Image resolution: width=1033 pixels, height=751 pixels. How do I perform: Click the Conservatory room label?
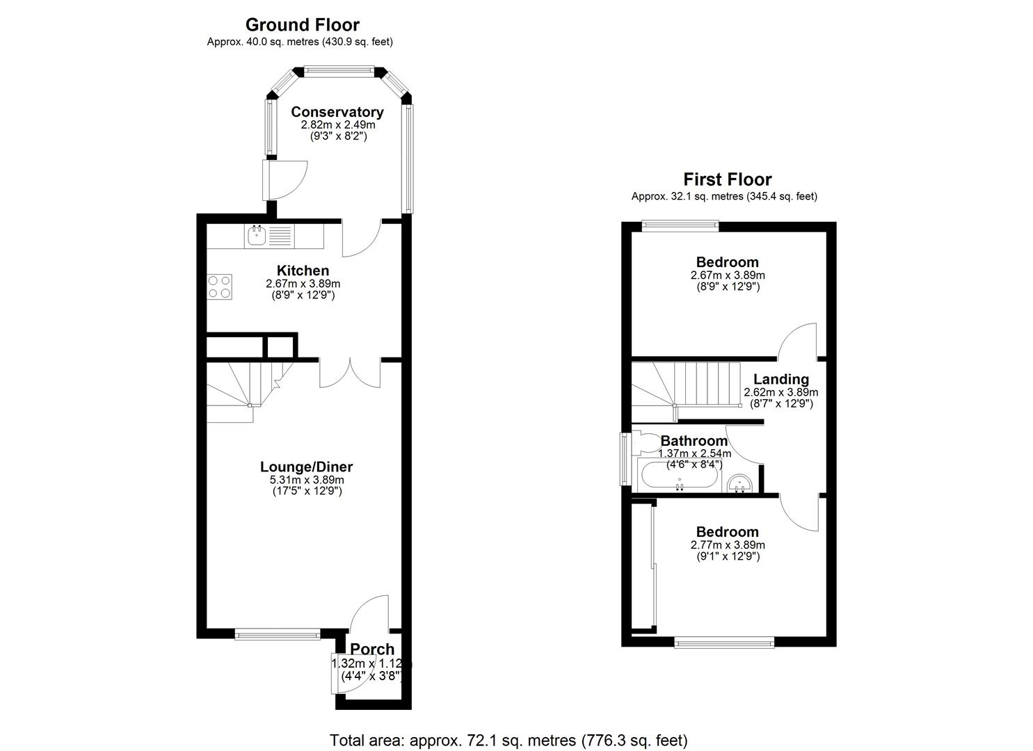pos(337,112)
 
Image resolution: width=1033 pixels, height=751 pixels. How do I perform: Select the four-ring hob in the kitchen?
pos(220,286)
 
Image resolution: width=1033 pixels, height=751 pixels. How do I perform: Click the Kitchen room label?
pos(303,270)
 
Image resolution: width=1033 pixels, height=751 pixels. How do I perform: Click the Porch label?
pos(371,649)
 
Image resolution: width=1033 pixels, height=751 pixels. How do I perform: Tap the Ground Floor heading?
pos(302,25)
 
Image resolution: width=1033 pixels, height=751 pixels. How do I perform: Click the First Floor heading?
pos(727,179)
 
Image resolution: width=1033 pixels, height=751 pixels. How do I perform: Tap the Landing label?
pos(781,379)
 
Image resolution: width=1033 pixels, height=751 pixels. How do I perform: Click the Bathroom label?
pos(694,441)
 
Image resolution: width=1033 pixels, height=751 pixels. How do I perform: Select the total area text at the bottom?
pos(508,739)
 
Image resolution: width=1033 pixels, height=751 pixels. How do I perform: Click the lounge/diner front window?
pos(278,633)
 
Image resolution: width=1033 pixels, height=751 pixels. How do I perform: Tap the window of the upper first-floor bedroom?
pos(680,225)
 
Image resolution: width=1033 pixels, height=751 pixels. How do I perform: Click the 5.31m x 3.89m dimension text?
pos(306,480)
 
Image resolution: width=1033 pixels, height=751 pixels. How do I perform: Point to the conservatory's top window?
pos(339,70)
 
